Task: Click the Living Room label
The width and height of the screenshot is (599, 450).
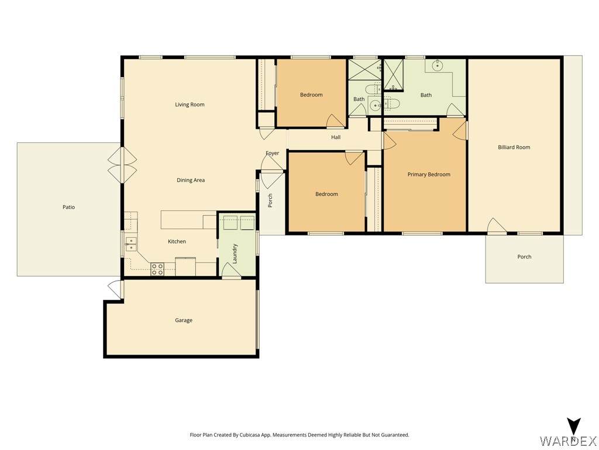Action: click(190, 104)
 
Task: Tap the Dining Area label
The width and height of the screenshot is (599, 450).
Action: click(191, 180)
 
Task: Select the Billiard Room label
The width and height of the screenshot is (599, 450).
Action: click(514, 147)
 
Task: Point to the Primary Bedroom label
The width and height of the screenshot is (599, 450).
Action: click(429, 175)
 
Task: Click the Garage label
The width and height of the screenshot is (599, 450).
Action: click(183, 321)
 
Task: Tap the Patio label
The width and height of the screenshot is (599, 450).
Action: click(69, 207)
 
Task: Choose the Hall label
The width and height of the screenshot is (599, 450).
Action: click(336, 137)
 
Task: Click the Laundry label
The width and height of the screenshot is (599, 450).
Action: click(235, 254)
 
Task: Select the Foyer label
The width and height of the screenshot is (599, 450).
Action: click(273, 153)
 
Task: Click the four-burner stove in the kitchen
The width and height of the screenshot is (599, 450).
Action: click(157, 269)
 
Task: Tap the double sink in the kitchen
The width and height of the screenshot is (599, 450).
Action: click(131, 244)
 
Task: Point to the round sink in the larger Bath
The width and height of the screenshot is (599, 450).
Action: click(437, 66)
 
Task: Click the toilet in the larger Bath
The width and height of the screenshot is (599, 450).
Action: click(391, 103)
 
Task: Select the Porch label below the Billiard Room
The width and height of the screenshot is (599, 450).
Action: click(524, 257)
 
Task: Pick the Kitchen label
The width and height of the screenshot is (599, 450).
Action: click(177, 241)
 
